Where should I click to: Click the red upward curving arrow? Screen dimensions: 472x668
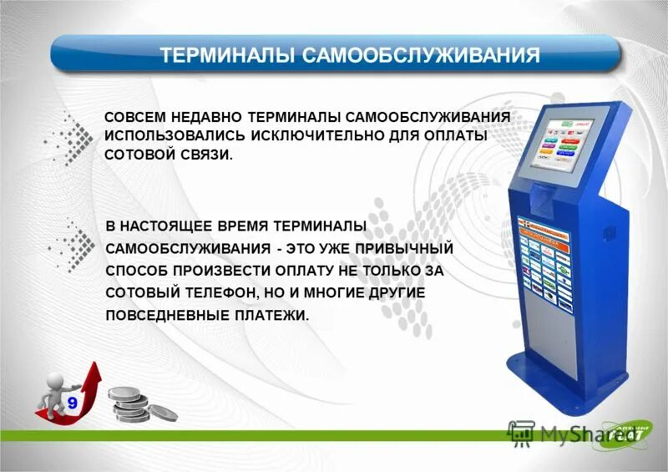point(88,388)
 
